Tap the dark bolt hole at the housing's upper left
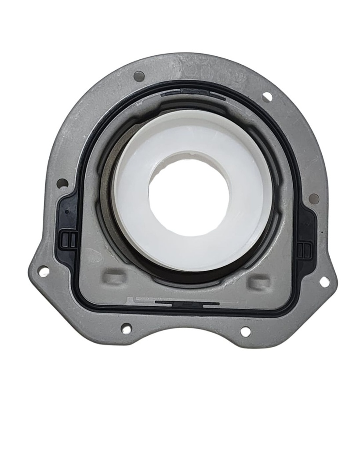(x=139, y=76)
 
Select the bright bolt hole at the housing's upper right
(x=267, y=97)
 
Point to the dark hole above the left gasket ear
(x=62, y=183)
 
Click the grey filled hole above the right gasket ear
(x=314, y=199)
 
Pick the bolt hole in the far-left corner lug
(x=44, y=271)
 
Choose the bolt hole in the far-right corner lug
(x=324, y=282)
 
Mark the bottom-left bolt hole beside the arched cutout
(x=126, y=328)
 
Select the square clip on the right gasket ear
(x=304, y=250)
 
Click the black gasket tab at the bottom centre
(x=187, y=303)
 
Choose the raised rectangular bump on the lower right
(x=258, y=282)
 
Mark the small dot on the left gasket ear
(x=67, y=211)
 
